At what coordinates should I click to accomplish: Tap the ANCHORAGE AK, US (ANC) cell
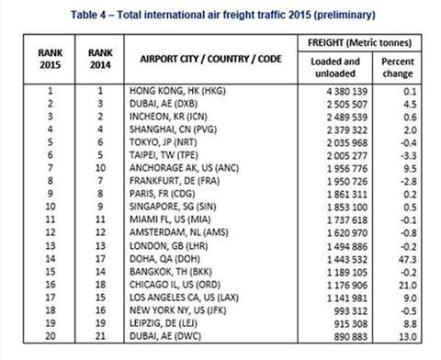(x=191, y=170)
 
